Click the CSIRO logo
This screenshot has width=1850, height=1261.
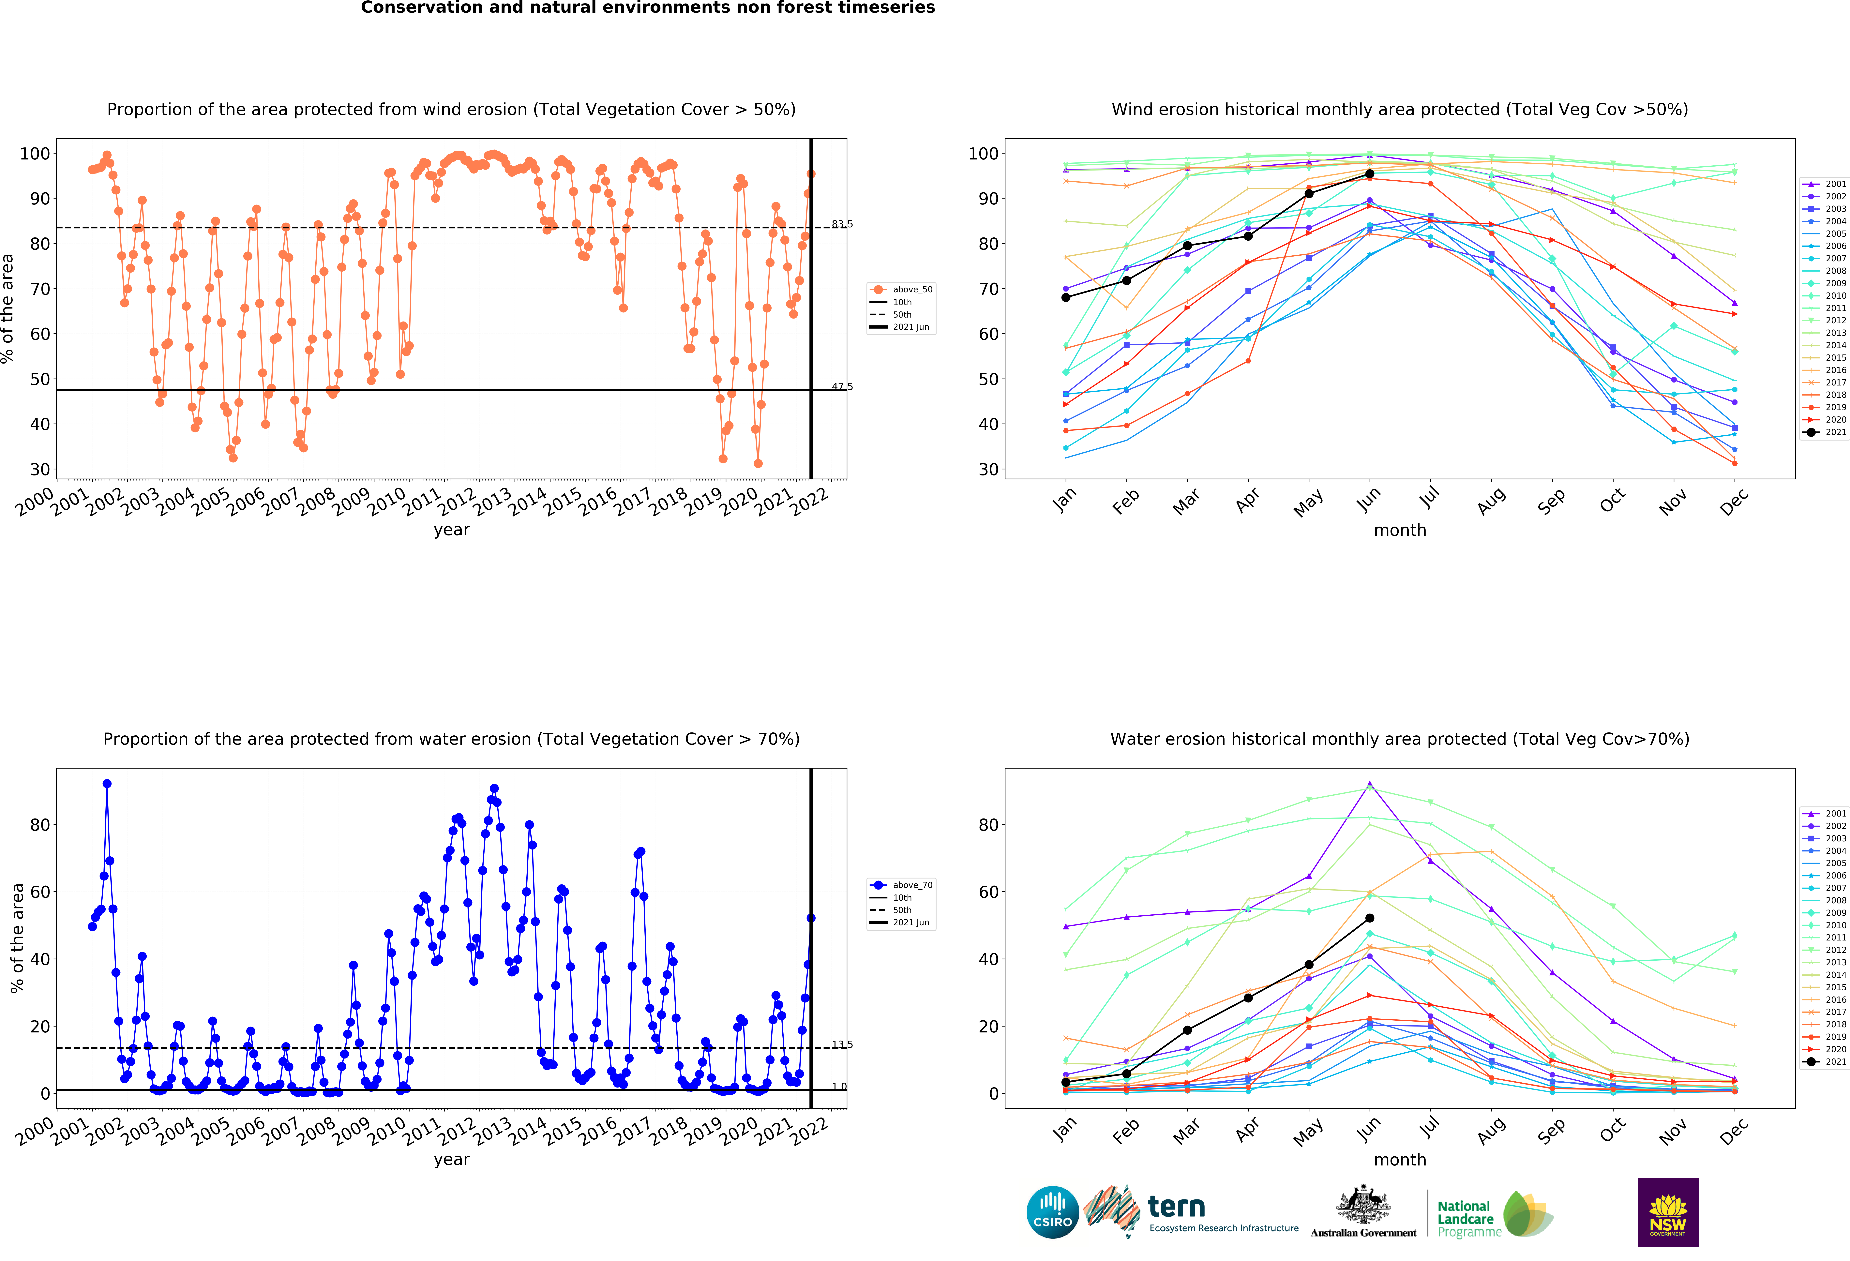[1052, 1212]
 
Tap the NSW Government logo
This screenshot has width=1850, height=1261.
[1668, 1212]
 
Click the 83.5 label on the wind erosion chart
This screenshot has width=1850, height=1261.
[842, 224]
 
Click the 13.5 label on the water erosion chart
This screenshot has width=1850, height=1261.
[842, 1044]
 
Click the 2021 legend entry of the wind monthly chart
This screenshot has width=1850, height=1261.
[1825, 432]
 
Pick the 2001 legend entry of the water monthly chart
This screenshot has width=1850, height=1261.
[1825, 814]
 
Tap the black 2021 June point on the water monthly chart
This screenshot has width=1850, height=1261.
[1369, 918]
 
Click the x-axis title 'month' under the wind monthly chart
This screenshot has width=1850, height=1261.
[1399, 530]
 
